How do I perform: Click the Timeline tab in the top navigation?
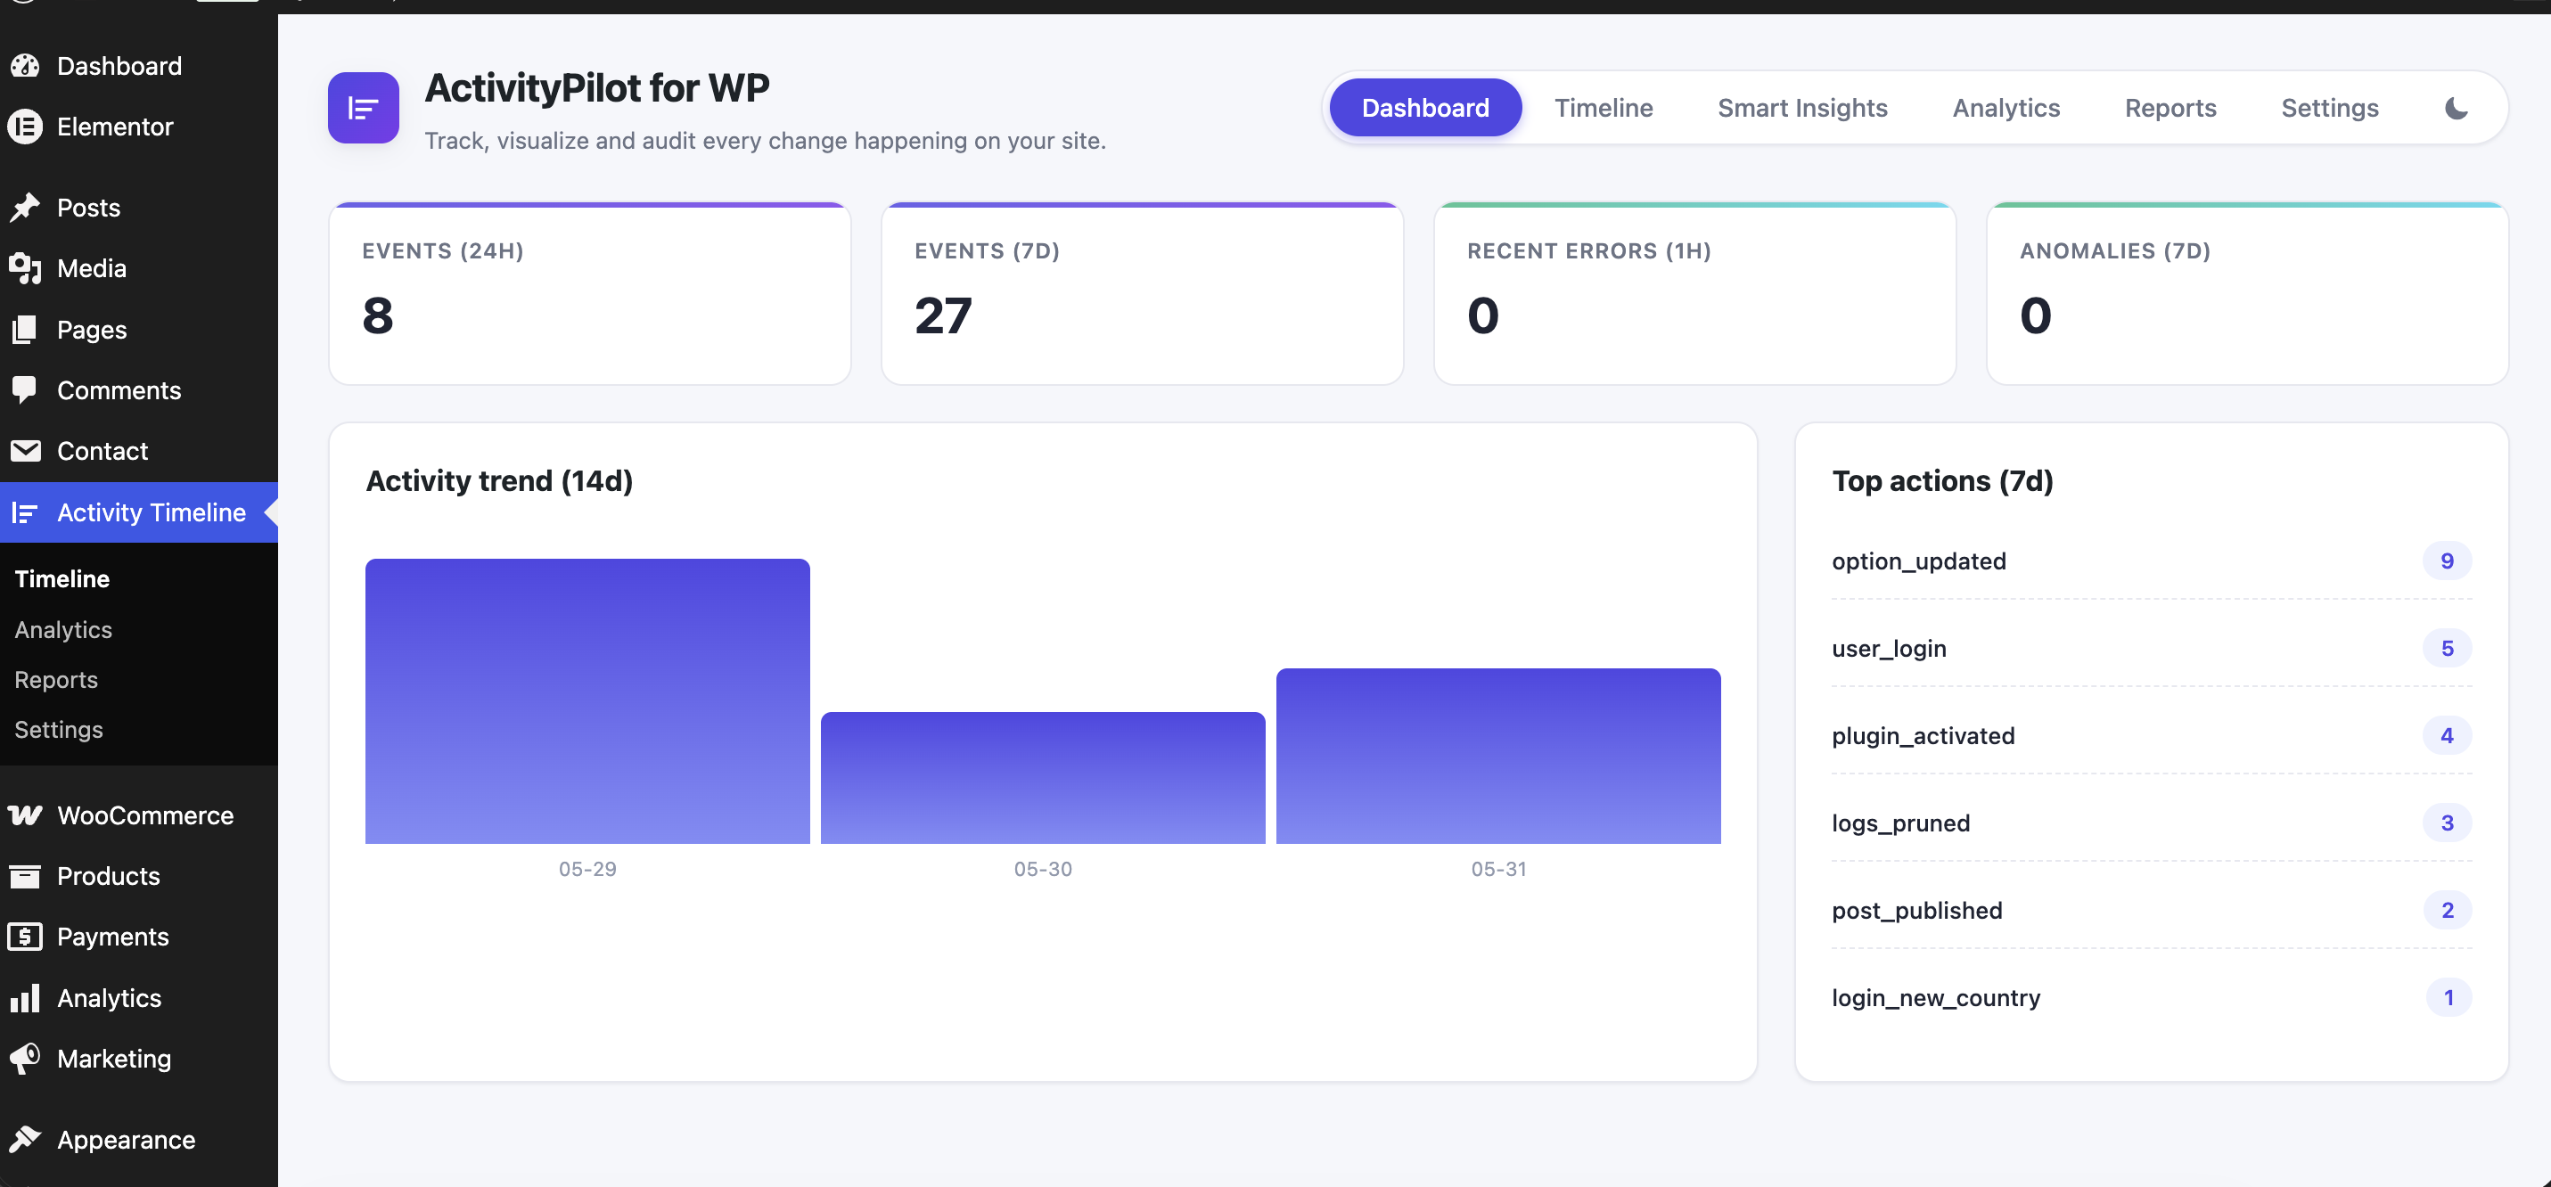coord(1604,108)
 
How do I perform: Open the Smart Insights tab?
coord(1802,108)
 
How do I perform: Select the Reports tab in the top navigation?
coord(2170,108)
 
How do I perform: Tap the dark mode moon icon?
coord(2456,108)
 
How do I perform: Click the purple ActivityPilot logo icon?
coord(364,108)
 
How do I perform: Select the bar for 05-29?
coord(587,701)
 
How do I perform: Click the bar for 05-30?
coord(1043,777)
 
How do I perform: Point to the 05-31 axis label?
coord(1498,869)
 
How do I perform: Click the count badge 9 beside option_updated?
coord(2447,561)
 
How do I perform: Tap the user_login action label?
coord(1889,649)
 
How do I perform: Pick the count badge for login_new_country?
coord(2448,997)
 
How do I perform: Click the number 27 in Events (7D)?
coord(943,315)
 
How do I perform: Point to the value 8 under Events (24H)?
coord(377,315)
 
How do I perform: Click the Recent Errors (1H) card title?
coord(1588,251)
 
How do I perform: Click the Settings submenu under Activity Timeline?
coord(59,730)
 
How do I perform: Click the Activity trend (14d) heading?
coord(499,481)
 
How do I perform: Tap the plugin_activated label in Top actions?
coord(1924,735)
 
